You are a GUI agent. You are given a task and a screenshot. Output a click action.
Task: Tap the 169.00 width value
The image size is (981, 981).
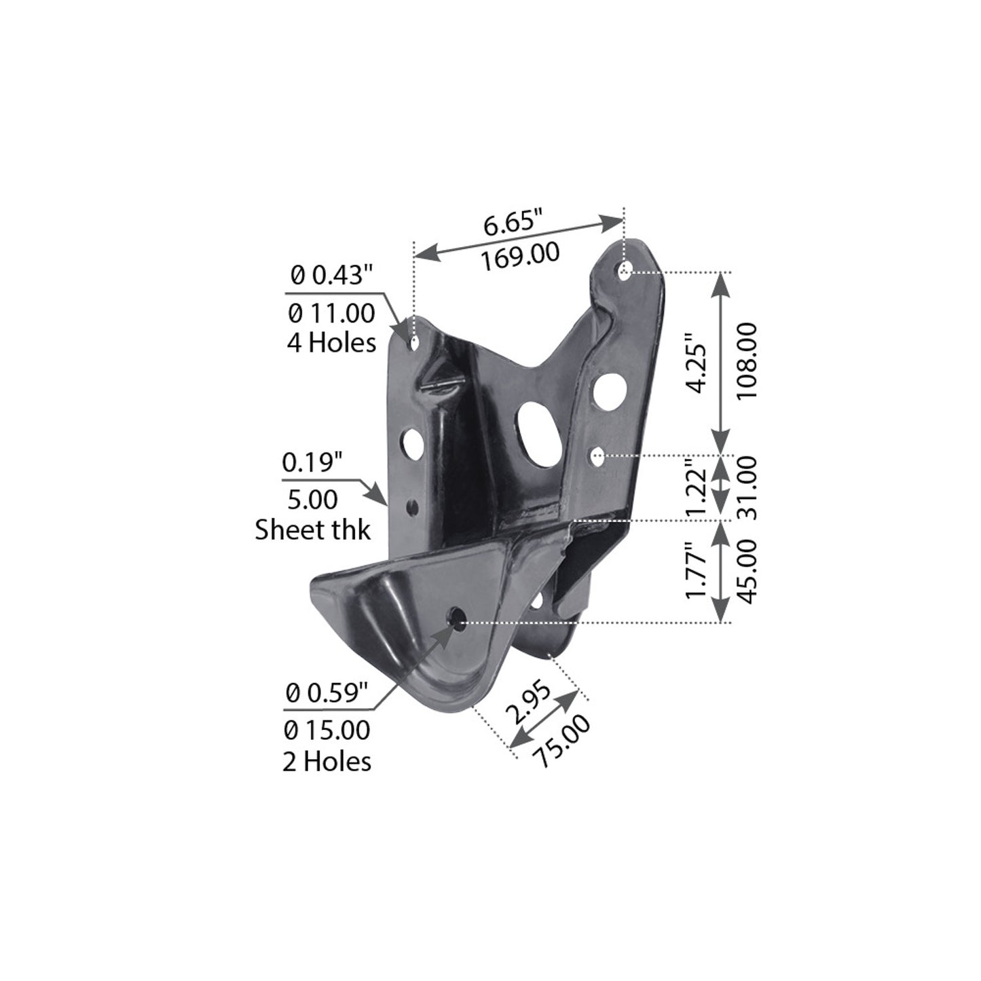pyautogui.click(x=521, y=256)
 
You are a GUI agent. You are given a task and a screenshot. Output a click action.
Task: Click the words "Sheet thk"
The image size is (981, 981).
pyautogui.click(x=313, y=530)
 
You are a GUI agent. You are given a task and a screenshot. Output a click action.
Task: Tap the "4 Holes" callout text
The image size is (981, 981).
pyautogui.click(x=331, y=342)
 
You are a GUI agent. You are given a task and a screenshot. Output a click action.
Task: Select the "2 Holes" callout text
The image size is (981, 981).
pyautogui.click(x=327, y=761)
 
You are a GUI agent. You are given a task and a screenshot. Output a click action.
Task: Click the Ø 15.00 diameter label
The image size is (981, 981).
pyautogui.click(x=328, y=730)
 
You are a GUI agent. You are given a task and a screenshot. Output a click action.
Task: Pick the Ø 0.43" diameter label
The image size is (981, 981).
pyautogui.click(x=331, y=275)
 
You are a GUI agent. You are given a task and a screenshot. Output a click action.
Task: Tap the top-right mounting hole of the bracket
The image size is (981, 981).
pyautogui.click(x=625, y=272)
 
